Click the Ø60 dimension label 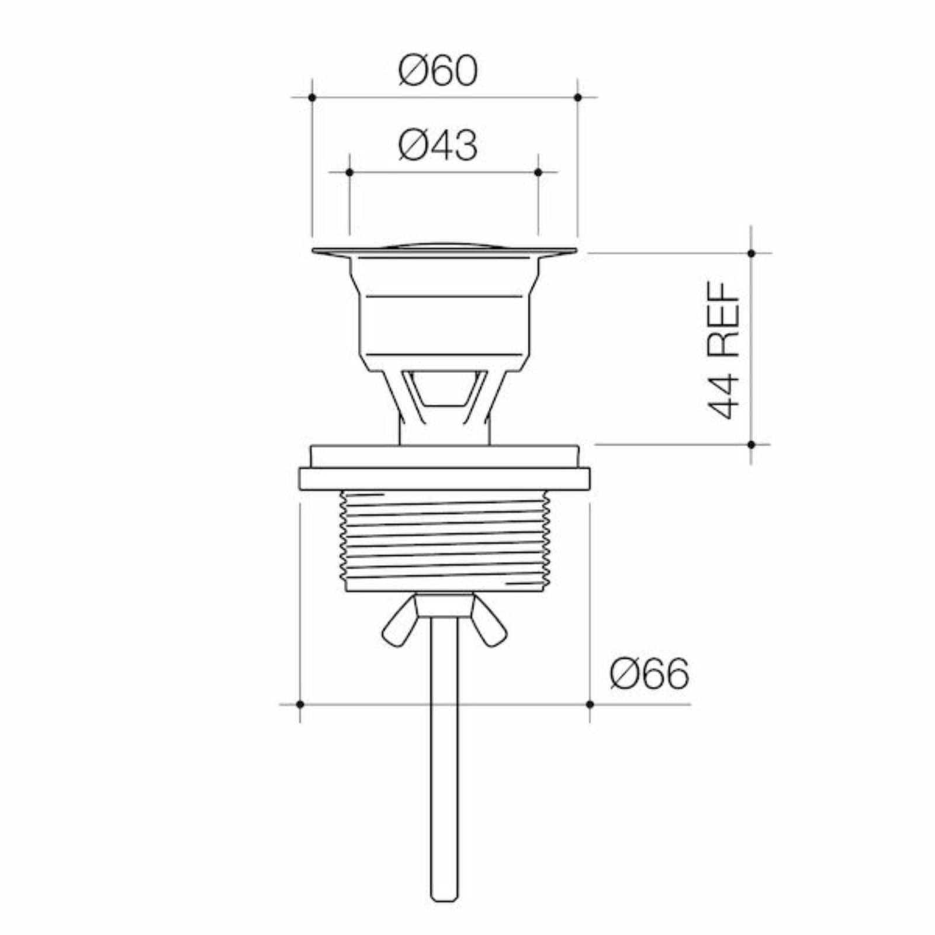tap(438, 72)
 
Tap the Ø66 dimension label tap(649, 674)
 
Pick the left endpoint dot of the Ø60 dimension tap(312, 97)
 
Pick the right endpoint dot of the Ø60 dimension tap(578, 97)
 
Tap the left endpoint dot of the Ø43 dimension tap(349, 172)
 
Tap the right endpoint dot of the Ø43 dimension tap(538, 172)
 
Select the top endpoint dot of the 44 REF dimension tap(752, 253)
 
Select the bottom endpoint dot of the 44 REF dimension tap(752, 445)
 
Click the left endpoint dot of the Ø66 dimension tap(300, 704)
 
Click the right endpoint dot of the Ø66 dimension tap(590, 704)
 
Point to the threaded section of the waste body tap(444, 541)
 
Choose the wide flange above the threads tap(444, 479)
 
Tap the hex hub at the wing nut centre tap(444, 605)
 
